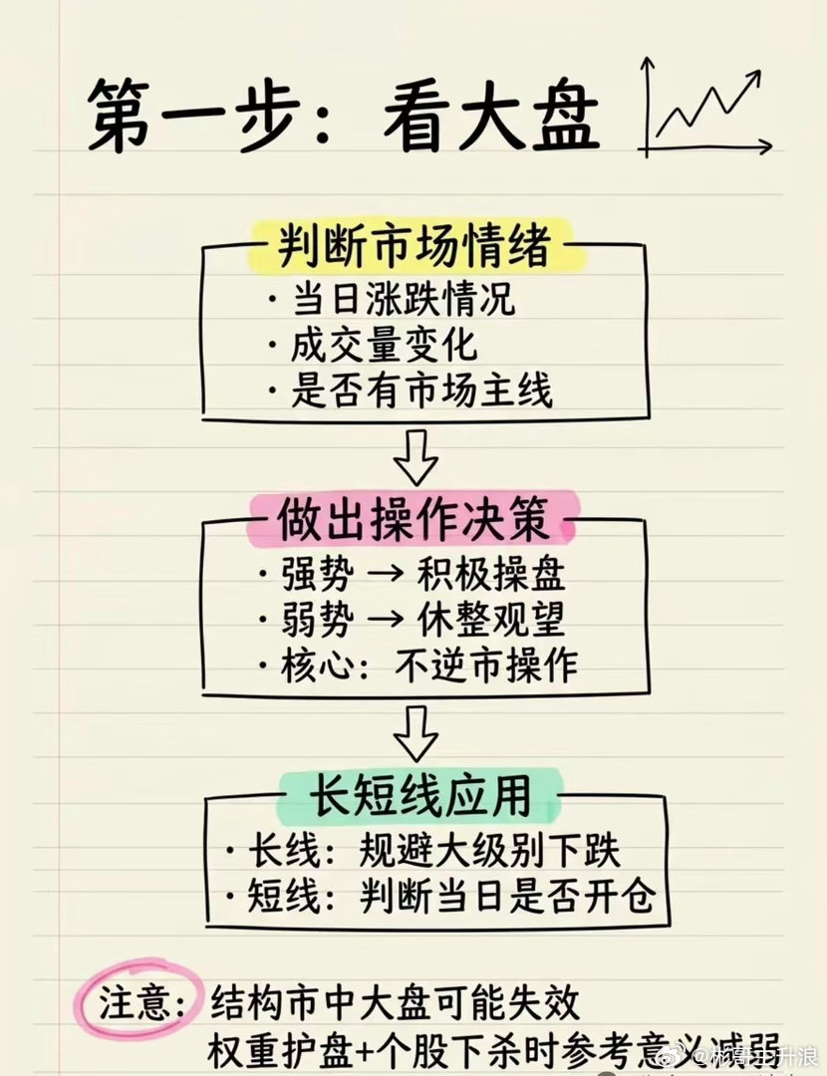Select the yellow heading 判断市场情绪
(x=414, y=245)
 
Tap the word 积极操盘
(x=491, y=575)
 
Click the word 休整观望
(x=491, y=620)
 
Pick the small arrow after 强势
(x=384, y=576)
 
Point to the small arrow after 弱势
(x=384, y=621)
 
